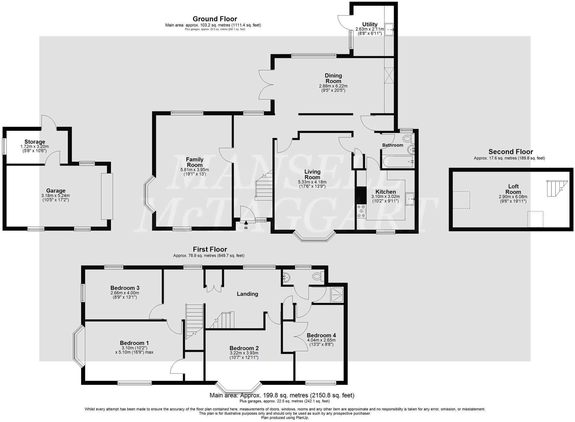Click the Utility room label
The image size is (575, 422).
(x=370, y=25)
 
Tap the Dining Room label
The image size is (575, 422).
(x=333, y=78)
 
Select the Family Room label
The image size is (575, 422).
(x=195, y=162)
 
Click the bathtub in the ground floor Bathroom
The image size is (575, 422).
(x=397, y=161)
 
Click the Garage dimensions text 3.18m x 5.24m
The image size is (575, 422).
(x=56, y=196)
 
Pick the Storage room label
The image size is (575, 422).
(x=35, y=142)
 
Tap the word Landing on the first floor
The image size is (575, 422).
(x=247, y=294)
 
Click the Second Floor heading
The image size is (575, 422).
(x=510, y=152)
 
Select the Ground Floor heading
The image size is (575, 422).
(x=215, y=19)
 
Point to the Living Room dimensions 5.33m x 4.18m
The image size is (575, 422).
(x=312, y=182)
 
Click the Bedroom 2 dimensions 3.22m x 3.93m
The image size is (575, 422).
(x=244, y=353)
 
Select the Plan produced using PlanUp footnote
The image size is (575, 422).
(x=285, y=418)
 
